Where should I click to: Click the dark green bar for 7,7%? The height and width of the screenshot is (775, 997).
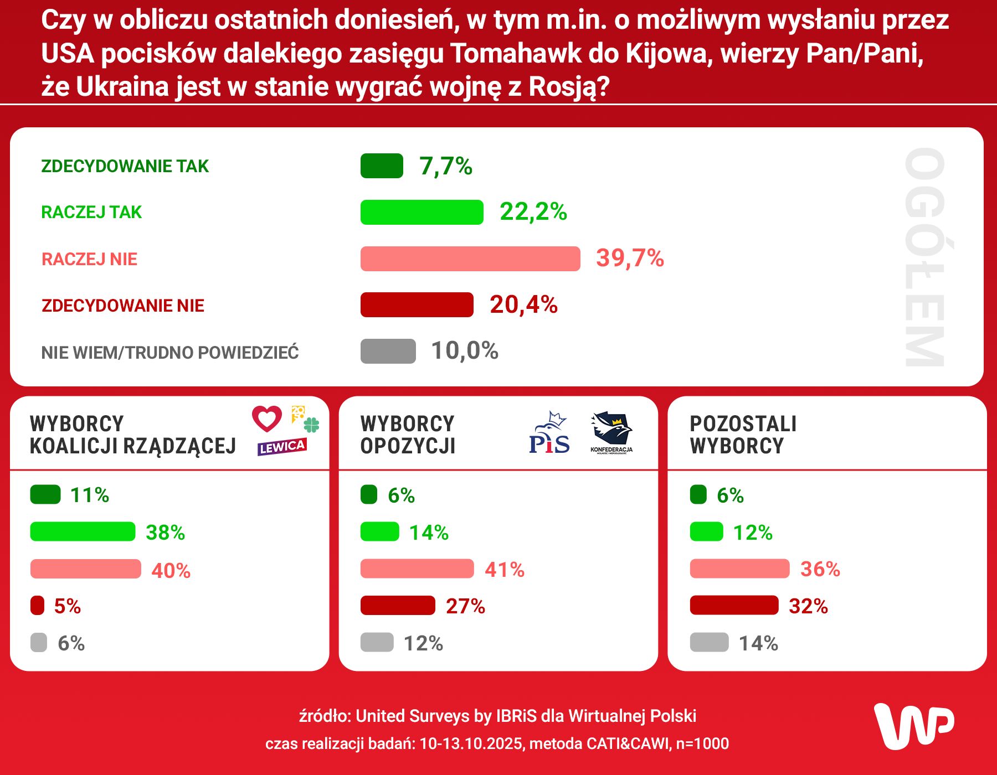click(x=382, y=166)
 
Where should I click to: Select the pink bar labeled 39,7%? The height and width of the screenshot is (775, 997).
click(x=470, y=259)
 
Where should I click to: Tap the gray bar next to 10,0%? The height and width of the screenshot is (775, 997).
click(x=388, y=351)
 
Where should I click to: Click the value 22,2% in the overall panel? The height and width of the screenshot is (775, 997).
click(x=533, y=211)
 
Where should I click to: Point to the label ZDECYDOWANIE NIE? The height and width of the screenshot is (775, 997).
click(x=123, y=306)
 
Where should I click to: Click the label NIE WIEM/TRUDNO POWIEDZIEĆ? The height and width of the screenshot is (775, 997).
click(x=170, y=353)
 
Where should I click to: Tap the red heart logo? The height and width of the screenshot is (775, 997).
click(x=267, y=418)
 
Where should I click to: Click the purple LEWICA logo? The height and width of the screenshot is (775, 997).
click(x=282, y=447)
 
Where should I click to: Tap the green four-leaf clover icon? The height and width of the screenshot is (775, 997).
click(x=312, y=425)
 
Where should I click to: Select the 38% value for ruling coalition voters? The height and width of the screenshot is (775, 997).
click(x=165, y=533)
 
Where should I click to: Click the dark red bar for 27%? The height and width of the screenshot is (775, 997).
click(x=398, y=606)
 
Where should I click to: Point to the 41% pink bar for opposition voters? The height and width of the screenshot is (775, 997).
click(x=417, y=569)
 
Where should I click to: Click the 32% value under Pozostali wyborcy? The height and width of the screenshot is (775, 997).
click(x=808, y=606)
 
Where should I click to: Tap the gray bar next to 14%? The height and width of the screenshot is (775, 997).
click(x=709, y=643)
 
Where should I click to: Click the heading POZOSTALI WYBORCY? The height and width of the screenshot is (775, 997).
click(x=743, y=435)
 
